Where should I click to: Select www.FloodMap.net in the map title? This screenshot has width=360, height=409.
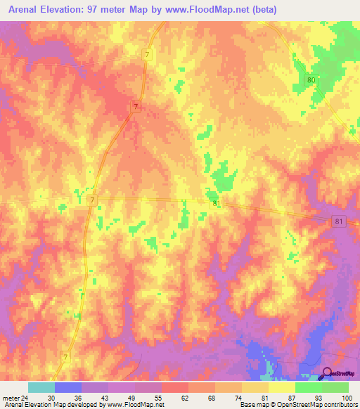coord(213,10)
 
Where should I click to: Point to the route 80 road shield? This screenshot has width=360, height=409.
coord(311,81)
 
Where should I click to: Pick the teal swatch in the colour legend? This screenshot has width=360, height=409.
coord(41,387)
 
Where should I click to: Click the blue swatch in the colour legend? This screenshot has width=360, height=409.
coord(68,387)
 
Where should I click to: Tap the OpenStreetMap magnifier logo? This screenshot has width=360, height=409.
coord(326,374)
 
